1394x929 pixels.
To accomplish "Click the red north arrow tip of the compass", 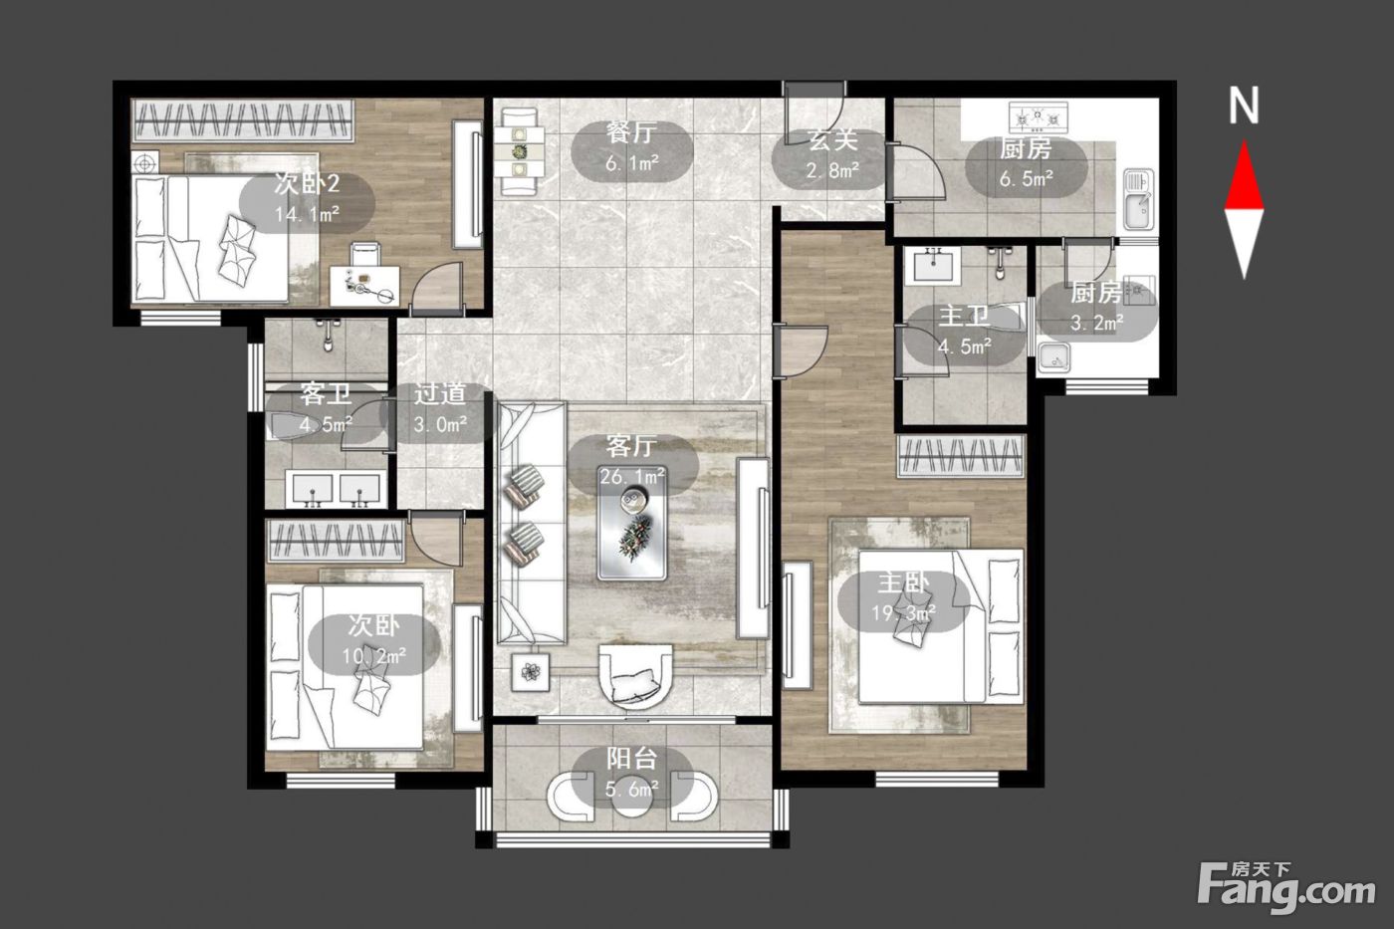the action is tap(1244, 141).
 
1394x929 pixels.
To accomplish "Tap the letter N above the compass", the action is tap(1244, 106).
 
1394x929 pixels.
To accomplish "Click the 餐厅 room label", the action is tap(631, 132).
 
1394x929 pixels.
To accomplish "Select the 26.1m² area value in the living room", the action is tap(632, 477).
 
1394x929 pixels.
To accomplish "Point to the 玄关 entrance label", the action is tap(832, 140).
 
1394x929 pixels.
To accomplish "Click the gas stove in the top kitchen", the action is tap(1038, 117).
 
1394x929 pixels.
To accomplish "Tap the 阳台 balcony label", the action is tap(631, 759).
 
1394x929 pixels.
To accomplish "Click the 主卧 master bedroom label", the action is tap(903, 583).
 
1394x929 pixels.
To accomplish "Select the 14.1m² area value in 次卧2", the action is tap(307, 215).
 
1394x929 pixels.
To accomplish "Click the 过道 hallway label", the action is tap(440, 394).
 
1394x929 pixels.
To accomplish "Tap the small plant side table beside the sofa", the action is tap(531, 671).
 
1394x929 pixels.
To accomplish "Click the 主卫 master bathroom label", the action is tap(964, 316).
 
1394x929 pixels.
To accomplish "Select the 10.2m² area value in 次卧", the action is tap(374, 656).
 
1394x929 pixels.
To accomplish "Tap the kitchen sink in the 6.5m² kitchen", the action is tap(1138, 199).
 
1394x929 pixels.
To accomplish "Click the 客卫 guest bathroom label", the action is tap(325, 394).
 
